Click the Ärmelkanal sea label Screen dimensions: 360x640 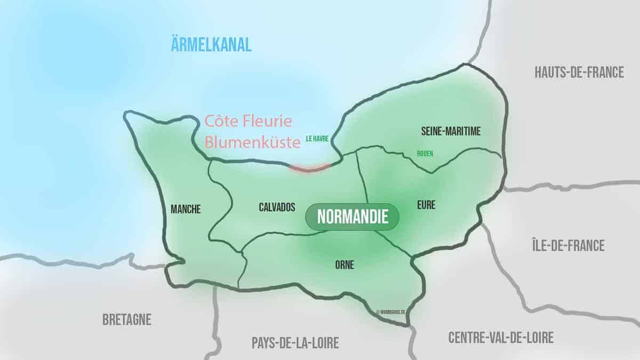pos(211,44)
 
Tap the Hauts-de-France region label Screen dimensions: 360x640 pos(579,73)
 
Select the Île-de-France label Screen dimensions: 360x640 pos(567,245)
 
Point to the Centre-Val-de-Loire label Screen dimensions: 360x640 pos(500,337)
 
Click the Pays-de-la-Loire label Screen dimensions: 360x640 pos(295,342)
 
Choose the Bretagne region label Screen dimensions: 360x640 pos(127,319)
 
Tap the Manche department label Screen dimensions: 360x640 pos(186,210)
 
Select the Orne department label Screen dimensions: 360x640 pos(344,264)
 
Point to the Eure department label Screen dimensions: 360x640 pos(427,205)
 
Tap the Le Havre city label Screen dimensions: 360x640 pos(317,138)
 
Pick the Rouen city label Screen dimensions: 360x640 pos(425,154)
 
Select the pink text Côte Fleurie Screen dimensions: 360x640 pos(249,122)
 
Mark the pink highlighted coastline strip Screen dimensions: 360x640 pos(310,169)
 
